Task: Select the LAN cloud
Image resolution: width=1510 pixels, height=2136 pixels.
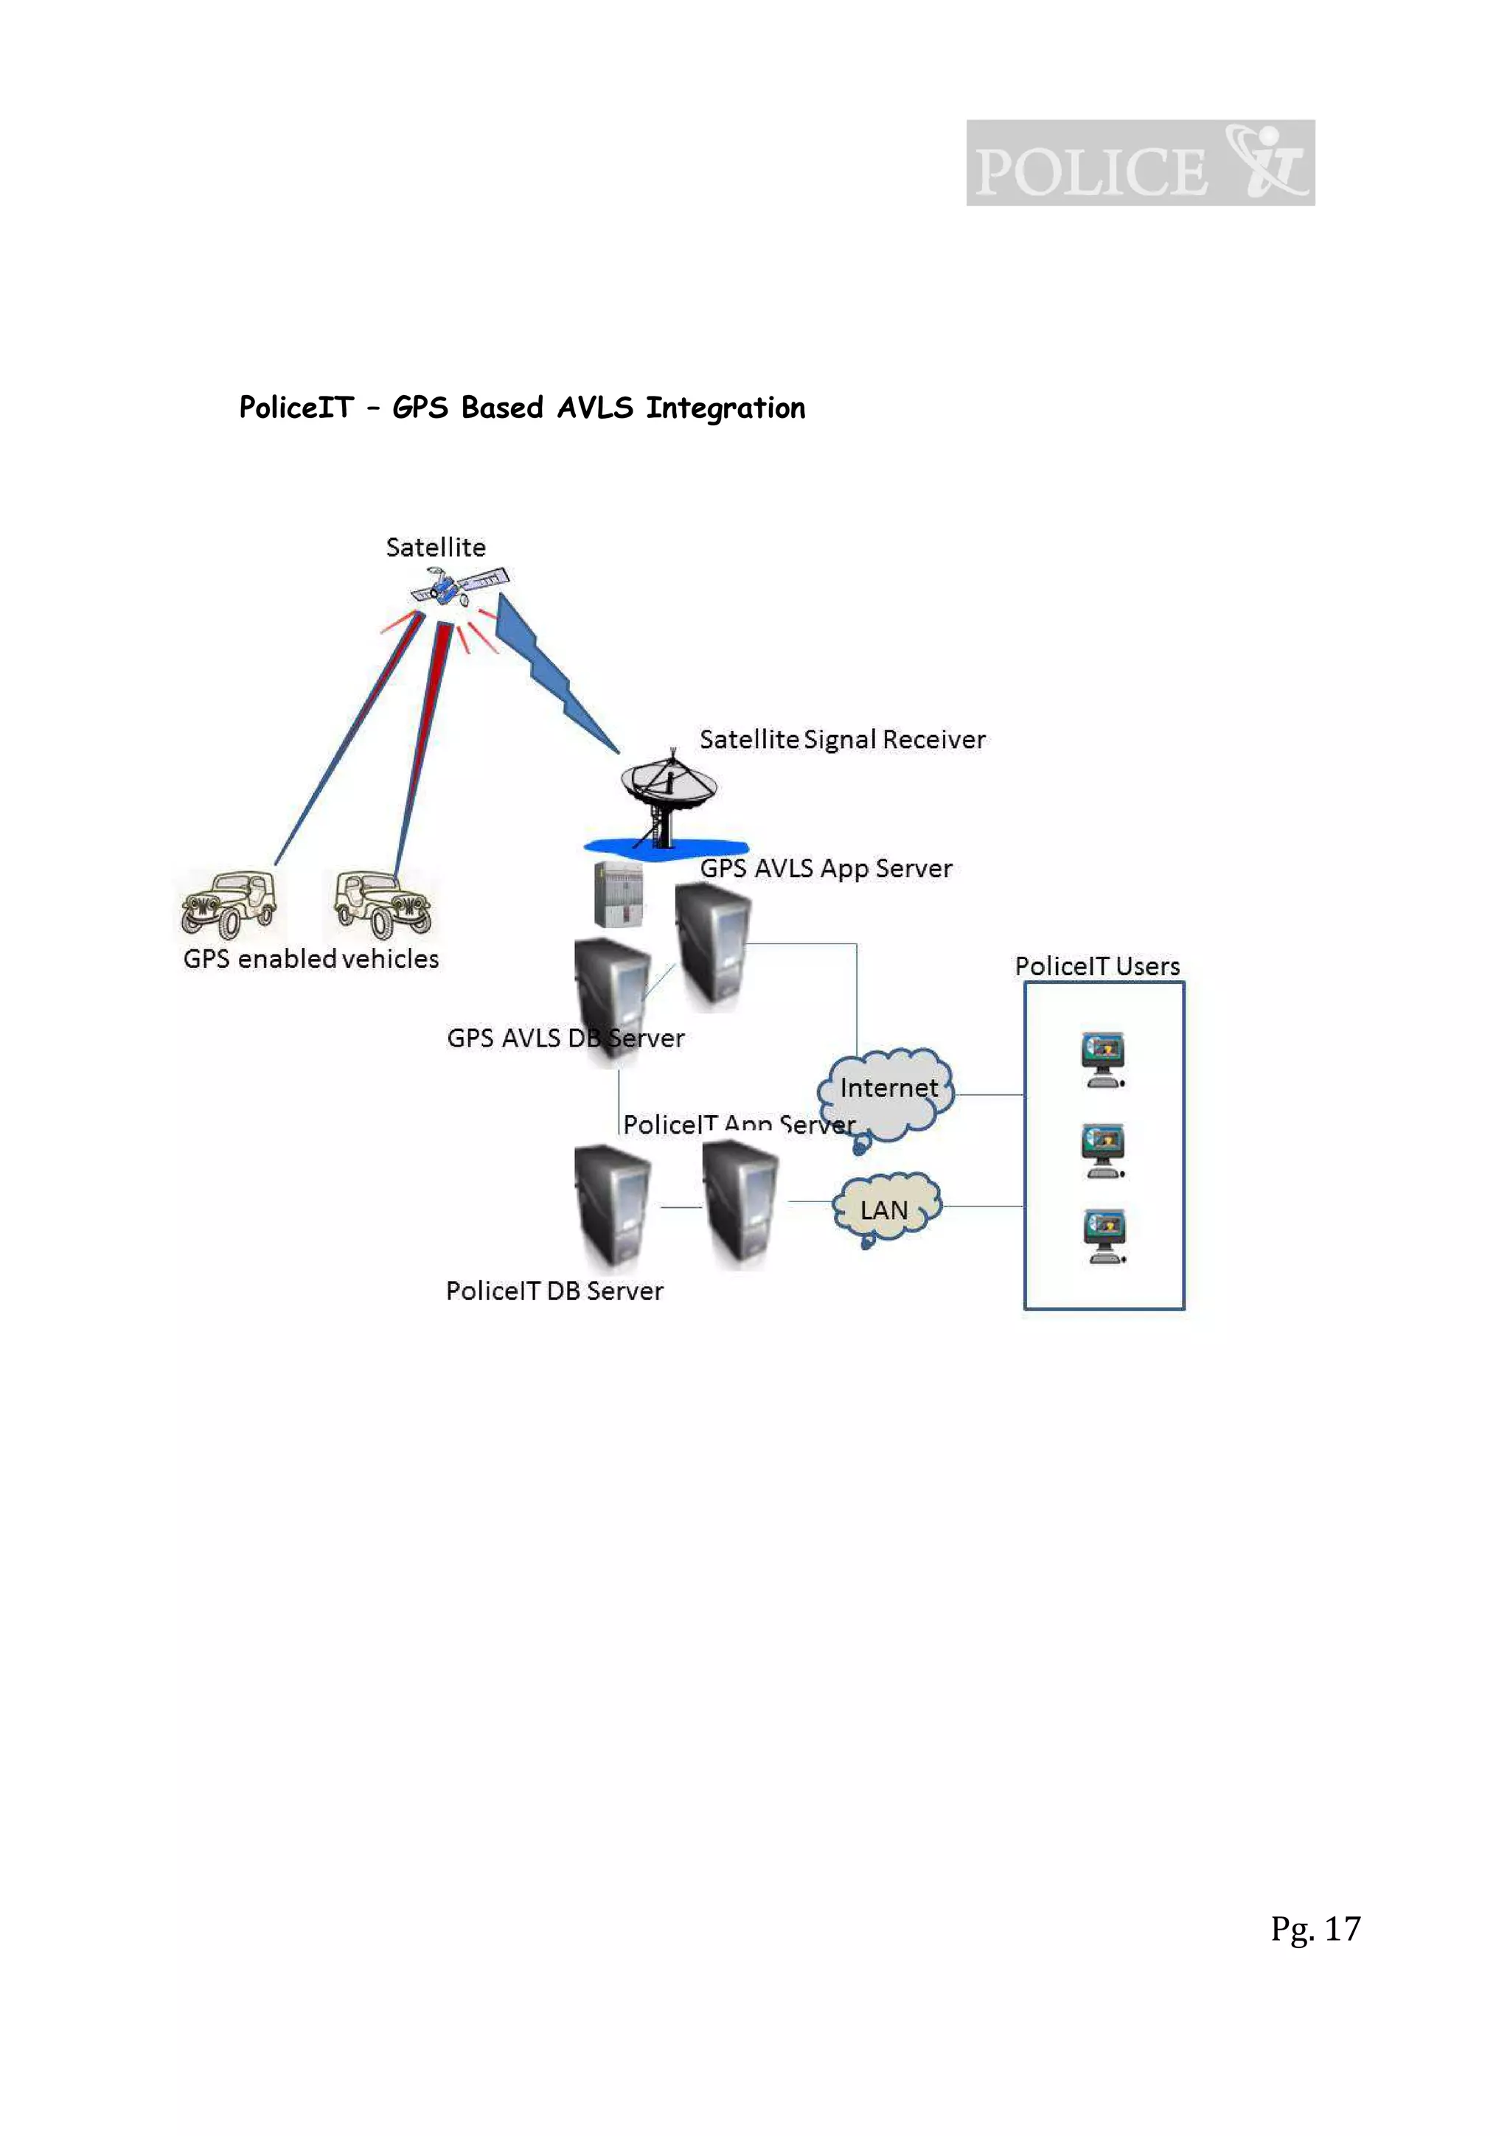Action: click(885, 1209)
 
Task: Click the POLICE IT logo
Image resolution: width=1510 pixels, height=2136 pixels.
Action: click(1140, 163)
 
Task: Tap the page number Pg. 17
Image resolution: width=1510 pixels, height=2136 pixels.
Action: click(1315, 1929)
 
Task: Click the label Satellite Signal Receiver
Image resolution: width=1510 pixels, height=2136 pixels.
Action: click(842, 739)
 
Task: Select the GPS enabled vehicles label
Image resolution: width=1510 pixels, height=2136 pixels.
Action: click(310, 959)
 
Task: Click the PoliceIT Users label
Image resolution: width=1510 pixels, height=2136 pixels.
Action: click(1097, 966)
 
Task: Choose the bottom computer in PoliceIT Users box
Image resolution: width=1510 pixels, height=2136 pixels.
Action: click(1104, 1235)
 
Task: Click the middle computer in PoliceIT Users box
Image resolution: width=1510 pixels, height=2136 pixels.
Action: click(1102, 1151)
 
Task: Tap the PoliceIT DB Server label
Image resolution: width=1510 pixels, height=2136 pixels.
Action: click(554, 1291)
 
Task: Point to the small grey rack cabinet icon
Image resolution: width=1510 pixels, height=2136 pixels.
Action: click(619, 894)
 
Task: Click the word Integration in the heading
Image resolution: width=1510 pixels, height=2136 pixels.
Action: click(726, 408)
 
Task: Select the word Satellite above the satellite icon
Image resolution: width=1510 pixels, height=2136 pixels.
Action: click(436, 547)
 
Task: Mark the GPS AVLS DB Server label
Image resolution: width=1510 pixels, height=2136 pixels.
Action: click(566, 1039)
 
